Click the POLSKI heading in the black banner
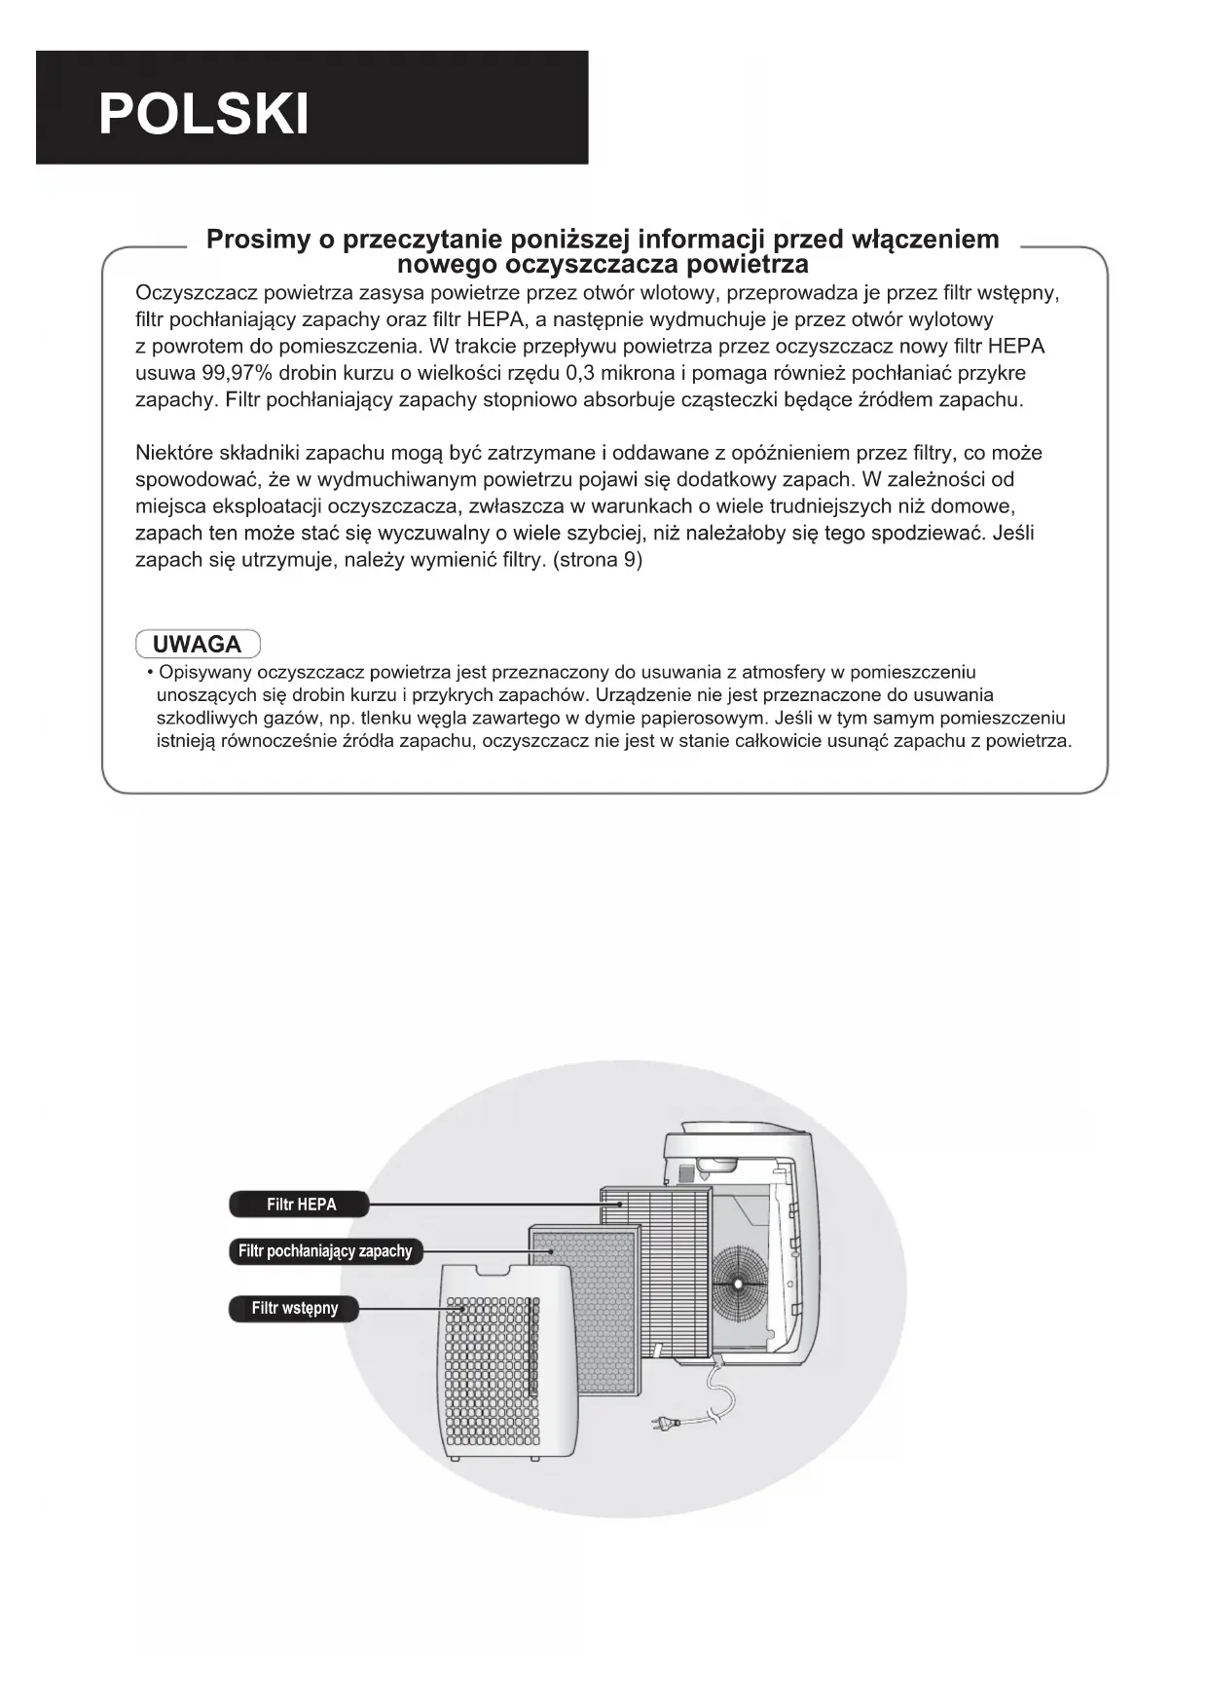pos(203,115)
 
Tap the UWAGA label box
pos(198,645)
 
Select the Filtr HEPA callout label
pos(300,1205)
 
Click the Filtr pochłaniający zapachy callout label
pos(325,1251)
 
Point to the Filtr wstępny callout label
pos(294,1308)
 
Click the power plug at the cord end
pos(662,1424)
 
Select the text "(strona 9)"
pos(597,560)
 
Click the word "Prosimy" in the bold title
pos(258,240)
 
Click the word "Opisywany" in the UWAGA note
pos(207,672)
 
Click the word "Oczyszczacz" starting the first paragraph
pos(195,293)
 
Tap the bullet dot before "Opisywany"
pos(150,673)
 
